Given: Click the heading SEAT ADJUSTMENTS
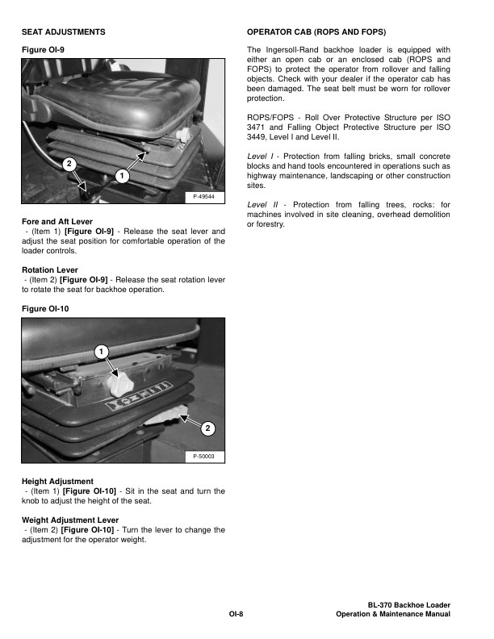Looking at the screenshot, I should [63, 31].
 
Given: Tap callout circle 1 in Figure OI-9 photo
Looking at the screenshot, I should [120, 175].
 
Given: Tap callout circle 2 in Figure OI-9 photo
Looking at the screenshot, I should [70, 164].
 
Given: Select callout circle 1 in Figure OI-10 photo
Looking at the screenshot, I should [98, 352].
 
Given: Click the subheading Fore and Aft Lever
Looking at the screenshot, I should [57, 221].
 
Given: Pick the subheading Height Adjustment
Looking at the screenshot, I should [57, 482].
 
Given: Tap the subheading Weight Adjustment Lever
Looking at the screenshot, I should [70, 520].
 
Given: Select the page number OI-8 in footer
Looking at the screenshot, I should [236, 615].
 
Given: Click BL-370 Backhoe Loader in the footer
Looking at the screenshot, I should [408, 605].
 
